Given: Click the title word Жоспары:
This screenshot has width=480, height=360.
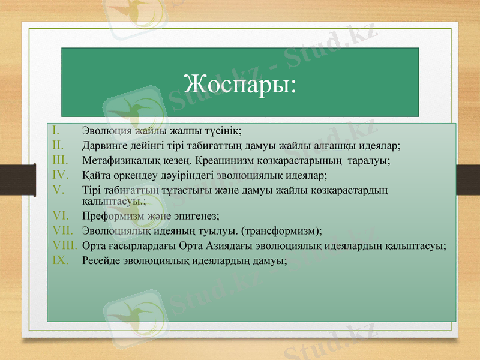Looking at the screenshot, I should tap(240, 83).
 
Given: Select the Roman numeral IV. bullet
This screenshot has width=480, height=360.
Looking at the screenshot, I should tap(59, 175).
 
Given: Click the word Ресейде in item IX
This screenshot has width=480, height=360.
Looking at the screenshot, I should tap(99, 261).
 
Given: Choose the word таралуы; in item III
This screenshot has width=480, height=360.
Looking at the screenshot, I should tap(371, 161).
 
